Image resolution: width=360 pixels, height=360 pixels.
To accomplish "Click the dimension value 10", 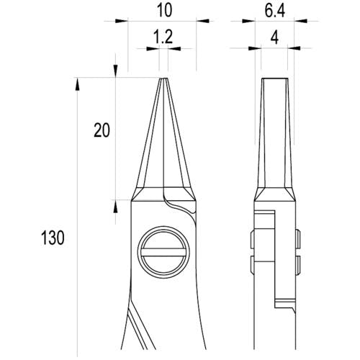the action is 165,11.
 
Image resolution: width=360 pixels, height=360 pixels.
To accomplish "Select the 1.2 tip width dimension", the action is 163,37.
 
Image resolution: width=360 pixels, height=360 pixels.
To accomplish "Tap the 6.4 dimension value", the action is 275,11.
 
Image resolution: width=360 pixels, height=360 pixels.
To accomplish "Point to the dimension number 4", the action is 274,37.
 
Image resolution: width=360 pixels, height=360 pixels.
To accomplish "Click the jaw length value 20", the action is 102,130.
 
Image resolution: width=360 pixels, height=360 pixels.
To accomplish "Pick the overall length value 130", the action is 53,238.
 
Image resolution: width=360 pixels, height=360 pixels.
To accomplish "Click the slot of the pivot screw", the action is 163,253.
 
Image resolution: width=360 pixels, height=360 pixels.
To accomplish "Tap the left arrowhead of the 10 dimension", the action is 122,21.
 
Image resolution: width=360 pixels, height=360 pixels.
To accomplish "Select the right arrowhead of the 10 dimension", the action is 203,21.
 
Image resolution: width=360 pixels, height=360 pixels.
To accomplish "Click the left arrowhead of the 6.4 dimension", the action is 248,21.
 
